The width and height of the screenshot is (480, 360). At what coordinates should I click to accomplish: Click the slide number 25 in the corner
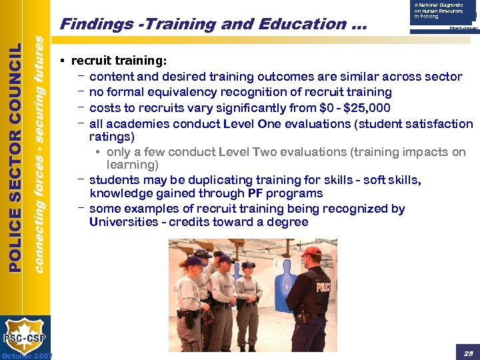(469, 351)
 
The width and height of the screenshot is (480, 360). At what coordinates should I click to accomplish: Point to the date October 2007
(27, 355)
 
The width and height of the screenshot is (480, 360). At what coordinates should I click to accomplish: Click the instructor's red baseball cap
(311, 252)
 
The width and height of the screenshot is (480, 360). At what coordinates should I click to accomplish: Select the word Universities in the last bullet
(123, 221)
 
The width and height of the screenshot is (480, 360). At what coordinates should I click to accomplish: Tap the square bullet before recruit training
(61, 61)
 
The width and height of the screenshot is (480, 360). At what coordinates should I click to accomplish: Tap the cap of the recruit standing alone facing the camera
(248, 265)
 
